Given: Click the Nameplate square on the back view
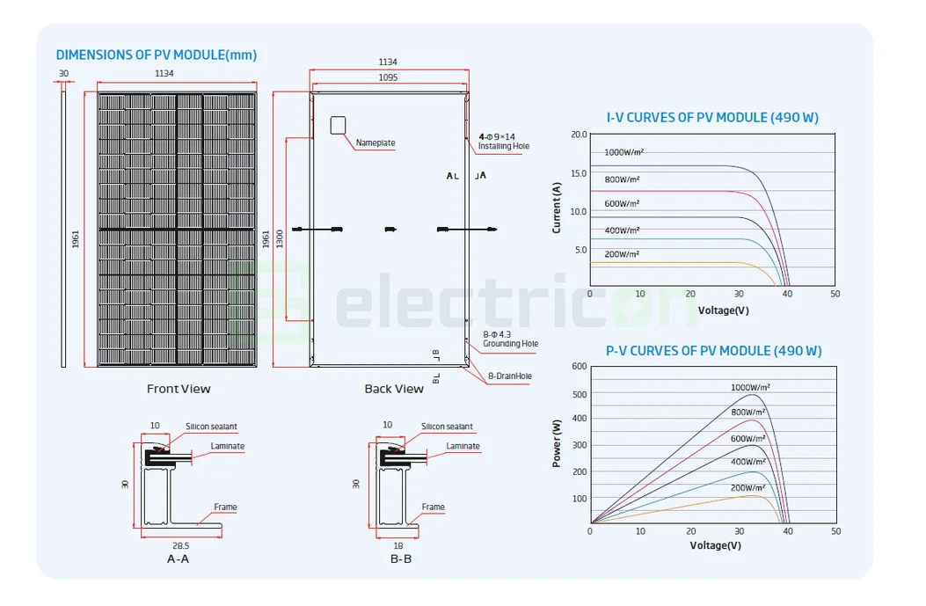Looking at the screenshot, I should click(339, 125).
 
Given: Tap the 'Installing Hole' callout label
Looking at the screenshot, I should click(504, 146).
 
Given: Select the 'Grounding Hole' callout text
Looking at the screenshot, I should click(510, 344).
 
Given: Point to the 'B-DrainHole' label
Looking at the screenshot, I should click(510, 376).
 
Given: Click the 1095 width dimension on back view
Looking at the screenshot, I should click(388, 77).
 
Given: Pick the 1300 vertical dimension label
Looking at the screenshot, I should click(280, 237).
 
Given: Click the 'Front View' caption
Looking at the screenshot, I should click(179, 389).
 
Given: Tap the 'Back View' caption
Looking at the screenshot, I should click(394, 389).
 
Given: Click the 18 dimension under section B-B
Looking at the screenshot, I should click(398, 545).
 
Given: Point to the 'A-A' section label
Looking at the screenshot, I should click(178, 559).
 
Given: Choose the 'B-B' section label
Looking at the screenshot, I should click(401, 559).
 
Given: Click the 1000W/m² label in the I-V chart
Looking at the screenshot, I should click(624, 152).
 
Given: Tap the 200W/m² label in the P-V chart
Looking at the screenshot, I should click(750, 486).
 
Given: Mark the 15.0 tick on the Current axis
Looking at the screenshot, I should click(578, 173).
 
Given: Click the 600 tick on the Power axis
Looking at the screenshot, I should click(579, 366).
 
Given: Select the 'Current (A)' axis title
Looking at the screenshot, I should click(557, 208).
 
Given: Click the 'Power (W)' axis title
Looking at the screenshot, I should click(557, 442).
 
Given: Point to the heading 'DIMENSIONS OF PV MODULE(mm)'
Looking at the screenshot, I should click(157, 55).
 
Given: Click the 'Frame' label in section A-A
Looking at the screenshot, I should click(225, 507).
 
